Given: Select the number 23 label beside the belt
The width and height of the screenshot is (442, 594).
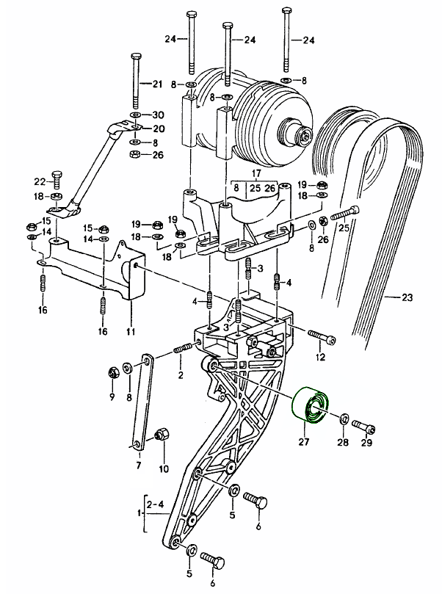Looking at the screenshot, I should pos(407,298).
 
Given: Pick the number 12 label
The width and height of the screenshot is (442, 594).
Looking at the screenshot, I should pos(320,358).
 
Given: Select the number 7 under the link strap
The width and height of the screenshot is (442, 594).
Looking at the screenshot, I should pos(137,465).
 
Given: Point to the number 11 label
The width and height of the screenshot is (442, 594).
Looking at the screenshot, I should pos(131,332).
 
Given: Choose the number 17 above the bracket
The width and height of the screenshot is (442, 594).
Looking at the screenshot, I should pos(236,174).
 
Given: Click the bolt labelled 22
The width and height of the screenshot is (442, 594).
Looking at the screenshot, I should pos(58,178).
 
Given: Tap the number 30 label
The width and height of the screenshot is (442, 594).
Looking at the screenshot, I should pos(157,115).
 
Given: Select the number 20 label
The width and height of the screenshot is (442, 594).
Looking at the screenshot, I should pos(157,128).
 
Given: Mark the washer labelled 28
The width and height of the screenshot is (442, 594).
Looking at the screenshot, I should pos(344,421).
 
